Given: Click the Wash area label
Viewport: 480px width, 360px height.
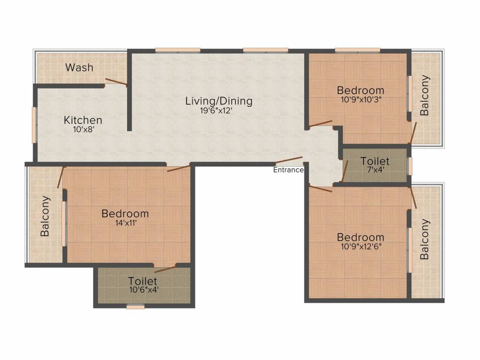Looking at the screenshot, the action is tap(79, 67).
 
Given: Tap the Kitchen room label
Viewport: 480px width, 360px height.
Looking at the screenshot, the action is tap(83, 120).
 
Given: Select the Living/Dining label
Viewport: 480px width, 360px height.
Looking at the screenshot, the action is tap(219, 101).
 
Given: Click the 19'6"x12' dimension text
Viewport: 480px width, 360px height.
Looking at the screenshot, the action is tap(217, 111).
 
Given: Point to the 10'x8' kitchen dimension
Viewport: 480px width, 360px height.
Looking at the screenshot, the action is tap(83, 129).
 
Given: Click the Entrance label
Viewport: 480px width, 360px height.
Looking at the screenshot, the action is tap(288, 170).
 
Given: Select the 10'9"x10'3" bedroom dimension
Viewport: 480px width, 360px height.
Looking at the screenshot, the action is tap(361, 99).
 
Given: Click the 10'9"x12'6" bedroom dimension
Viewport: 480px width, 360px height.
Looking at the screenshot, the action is tap(361, 247).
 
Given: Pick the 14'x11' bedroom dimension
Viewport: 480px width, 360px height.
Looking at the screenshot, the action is tap(126, 223).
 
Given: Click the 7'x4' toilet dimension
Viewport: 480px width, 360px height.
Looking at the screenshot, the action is tap(375, 170).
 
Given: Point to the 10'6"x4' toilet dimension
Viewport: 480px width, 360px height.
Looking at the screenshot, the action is tap(144, 289).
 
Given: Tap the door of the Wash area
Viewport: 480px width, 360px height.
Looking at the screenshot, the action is tap(116, 82).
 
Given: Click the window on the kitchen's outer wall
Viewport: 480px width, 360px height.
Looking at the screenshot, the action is tap(34, 125).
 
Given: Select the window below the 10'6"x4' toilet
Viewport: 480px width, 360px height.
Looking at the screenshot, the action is tap(135, 307).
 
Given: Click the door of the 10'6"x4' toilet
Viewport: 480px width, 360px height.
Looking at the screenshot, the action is tap(165, 269).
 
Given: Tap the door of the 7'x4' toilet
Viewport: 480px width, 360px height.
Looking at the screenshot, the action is tap(345, 171).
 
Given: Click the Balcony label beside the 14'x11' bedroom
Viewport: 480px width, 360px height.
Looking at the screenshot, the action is tap(45, 216).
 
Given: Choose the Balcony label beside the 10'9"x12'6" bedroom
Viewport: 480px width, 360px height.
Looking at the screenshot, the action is tap(425, 239).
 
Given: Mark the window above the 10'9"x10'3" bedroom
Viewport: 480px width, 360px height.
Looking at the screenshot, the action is tap(358, 50).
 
